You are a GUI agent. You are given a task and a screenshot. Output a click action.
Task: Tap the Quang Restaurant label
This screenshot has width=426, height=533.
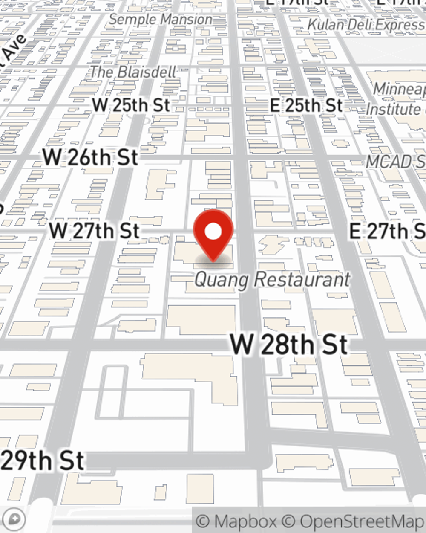coord(272,280)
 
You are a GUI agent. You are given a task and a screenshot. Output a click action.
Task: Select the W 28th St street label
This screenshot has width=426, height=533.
coord(289,345)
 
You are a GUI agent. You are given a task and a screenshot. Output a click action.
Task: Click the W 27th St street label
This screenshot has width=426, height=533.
coord(94,231)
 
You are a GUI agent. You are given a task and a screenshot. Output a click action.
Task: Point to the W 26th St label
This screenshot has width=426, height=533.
coord(90,157)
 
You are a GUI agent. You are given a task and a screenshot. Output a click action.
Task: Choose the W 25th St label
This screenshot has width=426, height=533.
coord(131,105)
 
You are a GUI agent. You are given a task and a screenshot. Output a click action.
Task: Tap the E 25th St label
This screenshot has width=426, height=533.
coord(306,105)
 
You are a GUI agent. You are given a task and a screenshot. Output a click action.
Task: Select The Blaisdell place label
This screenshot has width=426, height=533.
coord(133,72)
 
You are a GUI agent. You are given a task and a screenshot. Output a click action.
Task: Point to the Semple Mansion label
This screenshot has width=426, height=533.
coord(161,19)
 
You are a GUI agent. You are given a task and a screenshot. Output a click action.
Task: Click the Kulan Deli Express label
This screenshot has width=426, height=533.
coord(366,25)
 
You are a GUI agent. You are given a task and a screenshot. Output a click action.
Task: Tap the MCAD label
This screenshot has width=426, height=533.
coord(394,162)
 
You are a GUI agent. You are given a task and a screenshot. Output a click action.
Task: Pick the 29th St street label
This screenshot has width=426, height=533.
coord(43,461)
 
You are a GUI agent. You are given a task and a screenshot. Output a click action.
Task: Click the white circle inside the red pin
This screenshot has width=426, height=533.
coord(213,232)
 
